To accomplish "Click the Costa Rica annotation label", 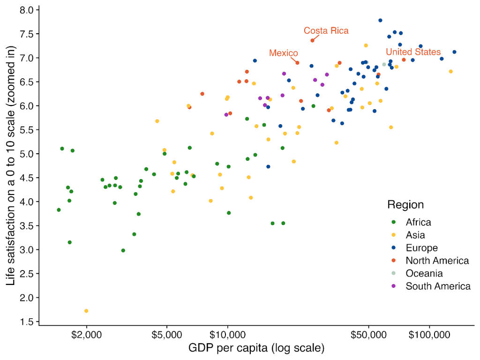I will tap(326, 30).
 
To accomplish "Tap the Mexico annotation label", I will tap(284, 53).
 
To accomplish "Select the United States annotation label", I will tap(413, 52).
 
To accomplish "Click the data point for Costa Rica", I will tap(312, 41).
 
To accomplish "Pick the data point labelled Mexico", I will tap(297, 63).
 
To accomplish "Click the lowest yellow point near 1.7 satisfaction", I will tap(86, 311).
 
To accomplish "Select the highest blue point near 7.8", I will tap(380, 21).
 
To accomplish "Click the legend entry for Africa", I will tap(418, 222).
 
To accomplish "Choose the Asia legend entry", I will tap(415, 235).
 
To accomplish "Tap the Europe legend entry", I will tap(421, 248).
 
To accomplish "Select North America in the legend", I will tap(437, 261).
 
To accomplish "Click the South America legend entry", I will tap(438, 286).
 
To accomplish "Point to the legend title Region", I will tap(405, 205).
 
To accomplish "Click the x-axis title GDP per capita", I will tap(256, 348).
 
